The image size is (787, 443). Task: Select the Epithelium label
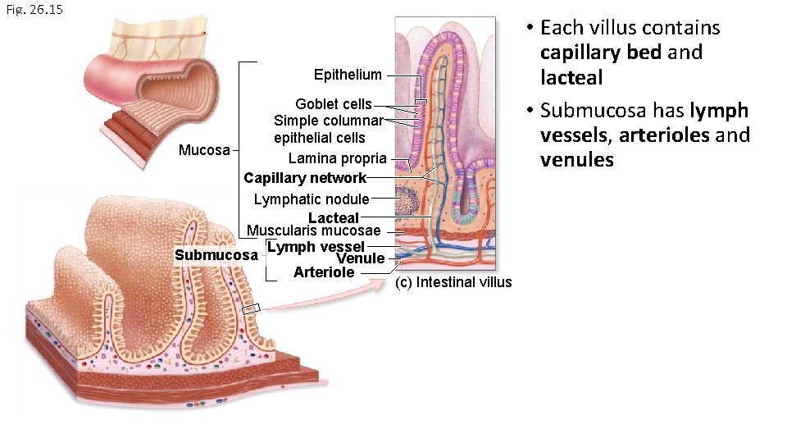(x=348, y=75)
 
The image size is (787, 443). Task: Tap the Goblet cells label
(x=333, y=104)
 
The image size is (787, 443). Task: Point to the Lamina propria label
(x=337, y=158)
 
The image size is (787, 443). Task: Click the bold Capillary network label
(x=305, y=178)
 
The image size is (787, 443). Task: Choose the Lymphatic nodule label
(x=312, y=199)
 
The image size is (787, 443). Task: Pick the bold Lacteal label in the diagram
(x=334, y=217)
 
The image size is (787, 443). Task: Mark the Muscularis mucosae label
(x=314, y=231)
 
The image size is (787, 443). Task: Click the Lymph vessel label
(x=316, y=246)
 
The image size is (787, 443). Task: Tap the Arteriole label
(x=324, y=272)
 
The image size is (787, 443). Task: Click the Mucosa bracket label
(x=204, y=150)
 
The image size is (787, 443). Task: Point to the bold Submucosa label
(x=216, y=255)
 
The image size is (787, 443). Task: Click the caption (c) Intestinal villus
(x=453, y=282)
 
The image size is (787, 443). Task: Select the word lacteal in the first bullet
(x=571, y=77)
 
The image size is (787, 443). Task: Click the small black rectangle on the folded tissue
(x=251, y=309)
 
